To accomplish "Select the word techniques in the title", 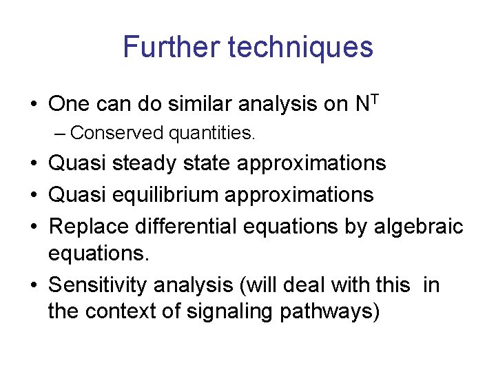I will [x=300, y=47].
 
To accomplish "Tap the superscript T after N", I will [x=375, y=97].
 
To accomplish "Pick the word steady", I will [x=143, y=163].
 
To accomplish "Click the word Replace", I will [x=87, y=226].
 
